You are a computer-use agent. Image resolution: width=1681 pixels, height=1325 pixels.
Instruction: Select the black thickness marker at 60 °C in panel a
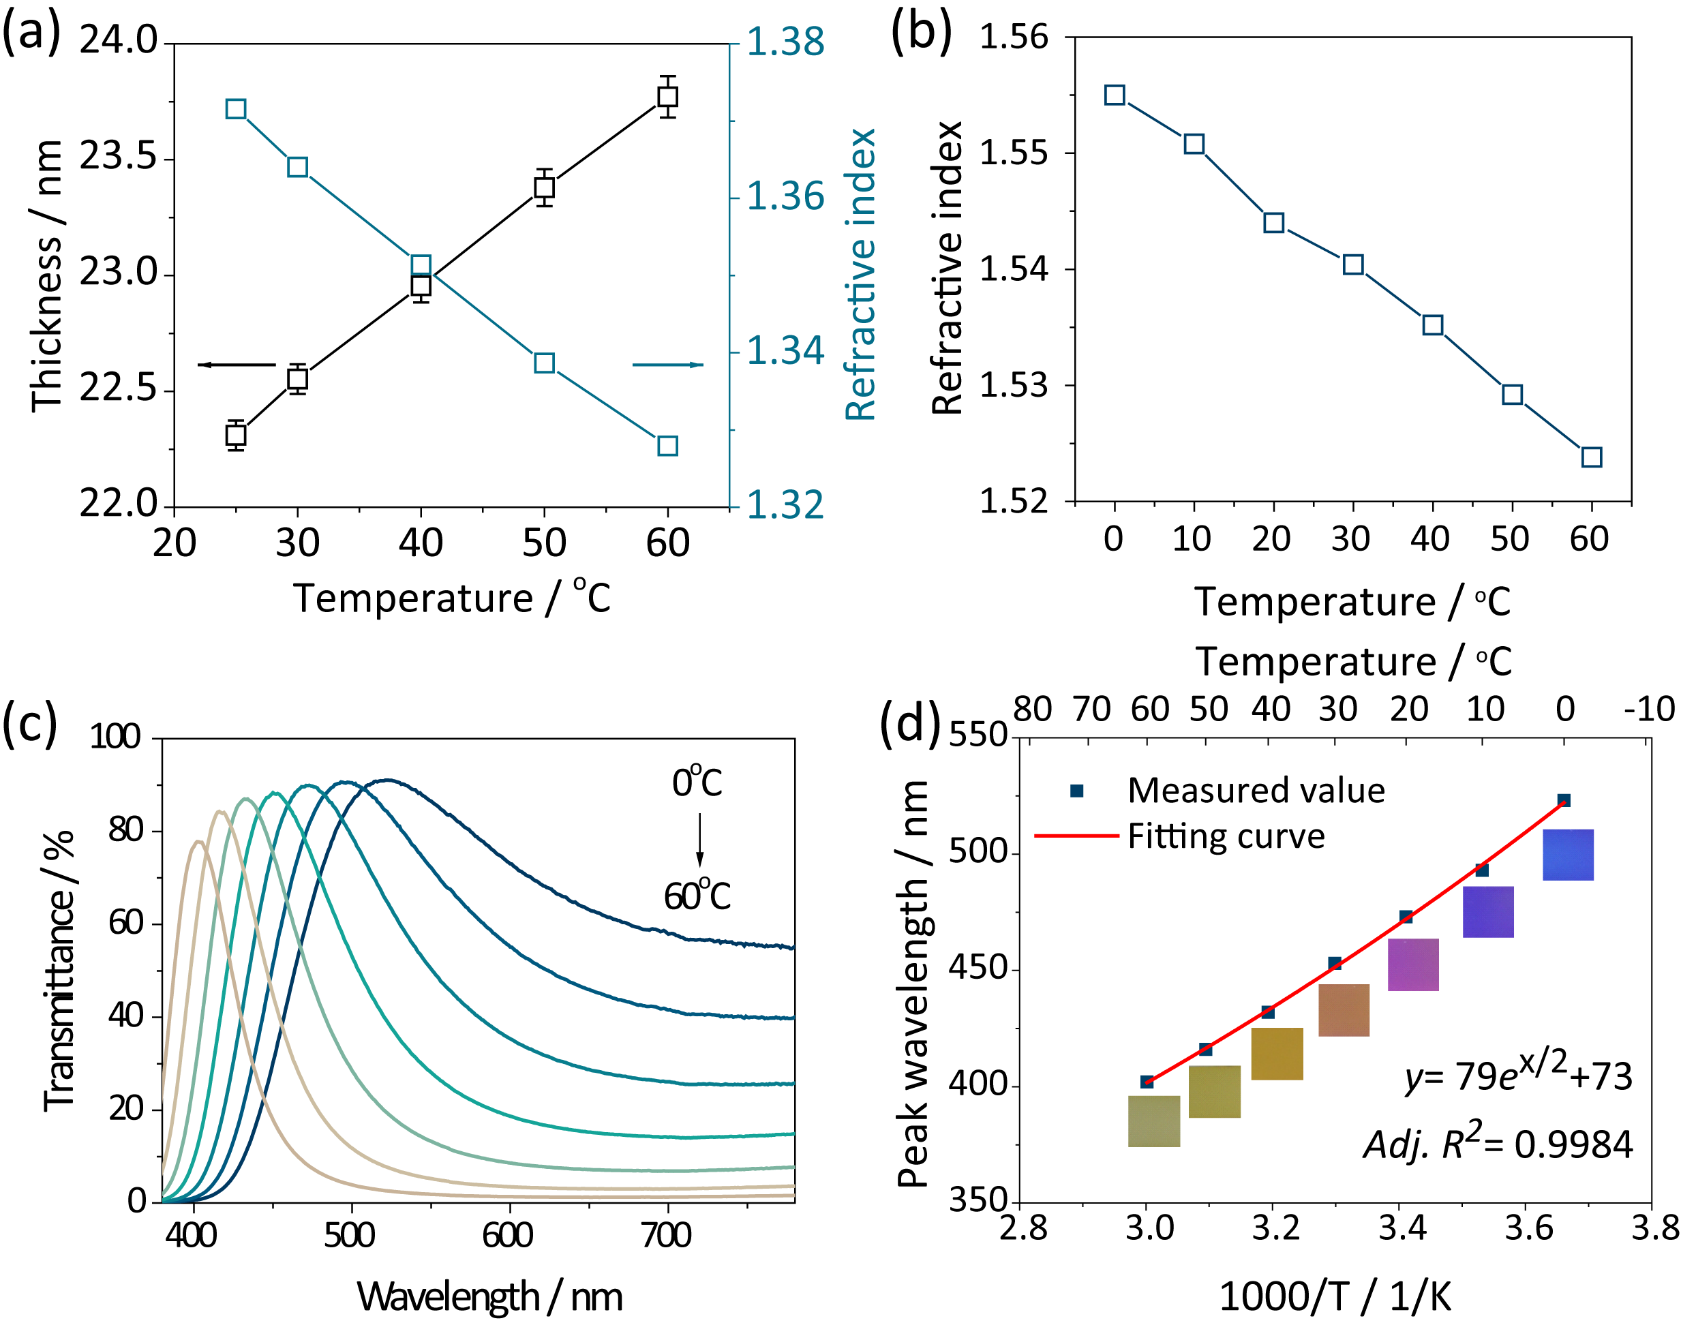(x=667, y=97)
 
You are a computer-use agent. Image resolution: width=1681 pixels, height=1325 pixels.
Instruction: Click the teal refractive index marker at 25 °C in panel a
(x=236, y=108)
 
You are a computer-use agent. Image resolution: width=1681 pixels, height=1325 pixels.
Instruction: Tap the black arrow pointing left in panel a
(x=237, y=365)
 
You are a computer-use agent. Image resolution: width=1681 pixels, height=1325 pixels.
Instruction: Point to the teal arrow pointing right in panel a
(x=668, y=365)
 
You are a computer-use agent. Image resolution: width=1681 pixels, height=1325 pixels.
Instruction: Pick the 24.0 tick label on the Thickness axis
(x=118, y=40)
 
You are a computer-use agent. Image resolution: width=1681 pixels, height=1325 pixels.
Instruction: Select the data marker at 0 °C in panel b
(x=1115, y=95)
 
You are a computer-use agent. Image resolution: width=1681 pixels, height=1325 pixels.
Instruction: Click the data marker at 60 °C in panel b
(x=1592, y=457)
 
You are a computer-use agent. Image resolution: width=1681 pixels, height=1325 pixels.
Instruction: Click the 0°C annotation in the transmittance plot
(x=697, y=782)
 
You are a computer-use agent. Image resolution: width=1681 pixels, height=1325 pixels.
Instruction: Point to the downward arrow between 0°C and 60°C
(x=699, y=840)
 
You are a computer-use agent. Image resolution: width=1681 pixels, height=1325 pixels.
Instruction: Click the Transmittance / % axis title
(x=59, y=971)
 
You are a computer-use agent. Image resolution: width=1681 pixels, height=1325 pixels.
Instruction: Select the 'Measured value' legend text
(x=1256, y=791)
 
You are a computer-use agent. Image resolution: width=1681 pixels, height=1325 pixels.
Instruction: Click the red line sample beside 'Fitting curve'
(x=1077, y=836)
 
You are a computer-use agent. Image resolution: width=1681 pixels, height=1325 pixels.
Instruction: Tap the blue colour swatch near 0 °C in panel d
(x=1568, y=855)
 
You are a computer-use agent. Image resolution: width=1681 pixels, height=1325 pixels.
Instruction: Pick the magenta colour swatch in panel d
(x=1412, y=964)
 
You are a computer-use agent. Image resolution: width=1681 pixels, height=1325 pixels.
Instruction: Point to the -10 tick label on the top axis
(x=1649, y=709)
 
